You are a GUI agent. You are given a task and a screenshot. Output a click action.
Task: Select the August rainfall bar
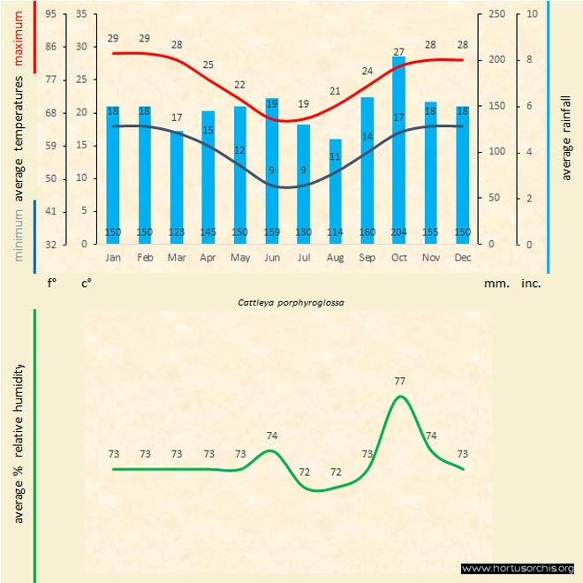tap(335, 190)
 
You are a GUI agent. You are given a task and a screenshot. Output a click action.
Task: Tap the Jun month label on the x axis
tap(272, 257)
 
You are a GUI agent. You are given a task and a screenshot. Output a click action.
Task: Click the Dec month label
tap(463, 257)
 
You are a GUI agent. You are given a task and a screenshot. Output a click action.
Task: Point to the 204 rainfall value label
tap(398, 232)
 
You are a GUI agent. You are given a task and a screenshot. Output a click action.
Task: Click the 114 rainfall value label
tap(335, 232)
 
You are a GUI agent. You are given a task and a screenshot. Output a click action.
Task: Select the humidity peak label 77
tap(399, 382)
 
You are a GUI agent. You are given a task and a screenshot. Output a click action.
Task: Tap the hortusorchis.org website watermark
tap(519, 568)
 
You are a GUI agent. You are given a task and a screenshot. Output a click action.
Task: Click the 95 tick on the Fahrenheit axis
tap(51, 14)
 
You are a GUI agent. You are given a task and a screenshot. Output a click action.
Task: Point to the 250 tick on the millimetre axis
tap(498, 14)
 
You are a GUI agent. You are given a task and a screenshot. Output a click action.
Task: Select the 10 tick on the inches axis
tap(532, 14)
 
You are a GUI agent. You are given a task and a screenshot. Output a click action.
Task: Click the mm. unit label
tap(495, 284)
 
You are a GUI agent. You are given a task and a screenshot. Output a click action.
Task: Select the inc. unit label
tap(531, 284)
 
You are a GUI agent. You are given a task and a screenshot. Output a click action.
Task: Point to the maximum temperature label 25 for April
tap(208, 64)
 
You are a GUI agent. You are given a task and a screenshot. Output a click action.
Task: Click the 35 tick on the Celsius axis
tap(82, 14)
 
